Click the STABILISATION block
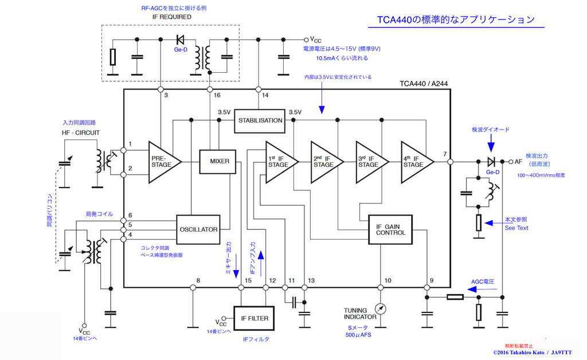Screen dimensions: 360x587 pos(260,120)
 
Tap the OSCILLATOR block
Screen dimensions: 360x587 pos(198,229)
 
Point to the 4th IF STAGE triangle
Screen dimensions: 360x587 pos(416,162)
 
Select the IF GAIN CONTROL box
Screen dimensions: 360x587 pos(390,229)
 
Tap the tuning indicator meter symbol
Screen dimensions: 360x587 pos(379,308)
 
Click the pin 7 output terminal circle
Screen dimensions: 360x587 pos(451,162)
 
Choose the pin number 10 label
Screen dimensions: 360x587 pos(388,280)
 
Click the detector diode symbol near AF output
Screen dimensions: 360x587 pos(490,162)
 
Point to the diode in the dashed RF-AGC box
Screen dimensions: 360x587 pos(180,40)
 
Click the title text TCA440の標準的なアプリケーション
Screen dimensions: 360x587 pos(456,19)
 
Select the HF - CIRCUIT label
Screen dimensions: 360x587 pos(80,133)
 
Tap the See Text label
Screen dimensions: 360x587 pos(516,228)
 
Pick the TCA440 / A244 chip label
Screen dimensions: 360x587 pos(424,84)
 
